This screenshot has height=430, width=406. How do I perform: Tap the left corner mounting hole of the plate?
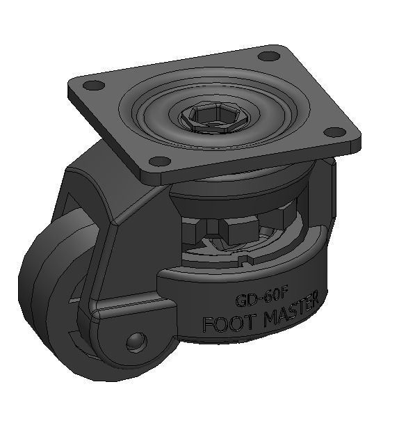click(92, 86)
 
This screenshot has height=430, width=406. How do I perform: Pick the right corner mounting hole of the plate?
click(334, 132)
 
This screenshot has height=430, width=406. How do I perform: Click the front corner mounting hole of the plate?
click(160, 161)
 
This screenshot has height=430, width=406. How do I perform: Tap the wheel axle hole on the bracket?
click(137, 341)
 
